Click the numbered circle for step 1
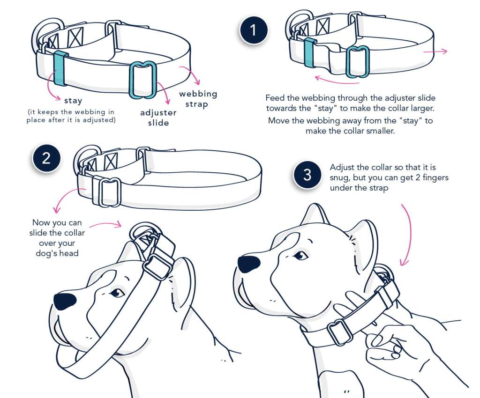254,31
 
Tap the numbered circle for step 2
46,158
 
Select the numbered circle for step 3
307,175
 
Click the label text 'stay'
73,100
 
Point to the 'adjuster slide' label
158,118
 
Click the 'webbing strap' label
198,98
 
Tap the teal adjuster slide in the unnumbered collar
143,80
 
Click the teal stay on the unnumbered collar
60,68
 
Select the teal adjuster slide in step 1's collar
358,61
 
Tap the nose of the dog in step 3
248,264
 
